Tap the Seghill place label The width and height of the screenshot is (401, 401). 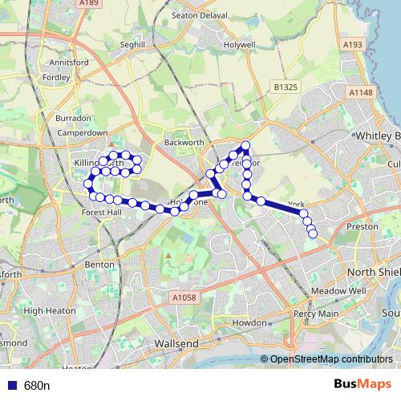132,46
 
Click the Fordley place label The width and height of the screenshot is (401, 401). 57,77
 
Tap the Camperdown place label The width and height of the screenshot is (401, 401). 83,132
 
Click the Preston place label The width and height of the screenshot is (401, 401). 356,227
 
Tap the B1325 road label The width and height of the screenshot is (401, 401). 285,86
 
